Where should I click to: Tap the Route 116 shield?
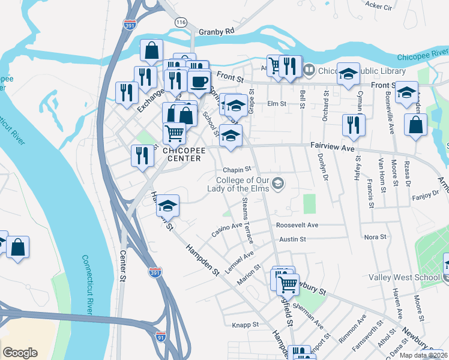(x=181, y=22)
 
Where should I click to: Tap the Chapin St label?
(x=236, y=170)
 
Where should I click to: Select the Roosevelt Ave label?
(x=297, y=225)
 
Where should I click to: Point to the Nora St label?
(x=375, y=237)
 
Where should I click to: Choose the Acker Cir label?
(x=378, y=6)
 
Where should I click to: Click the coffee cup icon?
(x=199, y=81)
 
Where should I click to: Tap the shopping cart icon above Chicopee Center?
(x=174, y=131)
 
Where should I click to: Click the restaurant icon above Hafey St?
(x=352, y=124)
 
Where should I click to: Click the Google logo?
(x=20, y=353)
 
